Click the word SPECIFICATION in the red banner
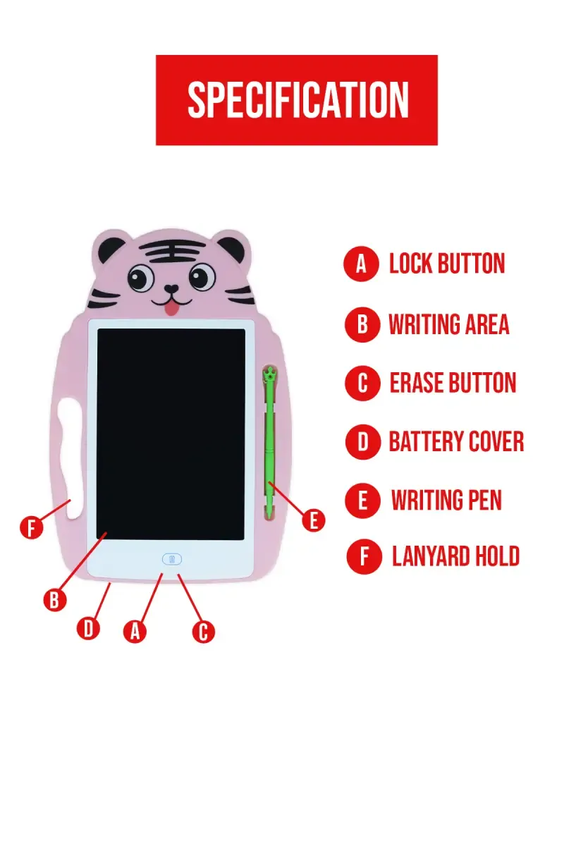[298, 100]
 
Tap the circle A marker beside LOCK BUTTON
[362, 264]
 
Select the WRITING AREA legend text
[448, 324]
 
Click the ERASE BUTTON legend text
[453, 383]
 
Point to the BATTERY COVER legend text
[456, 442]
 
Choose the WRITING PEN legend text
[446, 501]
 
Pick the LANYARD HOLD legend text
[455, 556]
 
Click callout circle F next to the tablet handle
[31, 528]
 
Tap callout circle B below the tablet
[54, 600]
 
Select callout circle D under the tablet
[88, 627]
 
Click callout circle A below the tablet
[135, 630]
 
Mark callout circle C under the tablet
[203, 631]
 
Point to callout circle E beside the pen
[314, 521]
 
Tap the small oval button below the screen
[172, 559]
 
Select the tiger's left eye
[141, 278]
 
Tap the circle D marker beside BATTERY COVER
[362, 442]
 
